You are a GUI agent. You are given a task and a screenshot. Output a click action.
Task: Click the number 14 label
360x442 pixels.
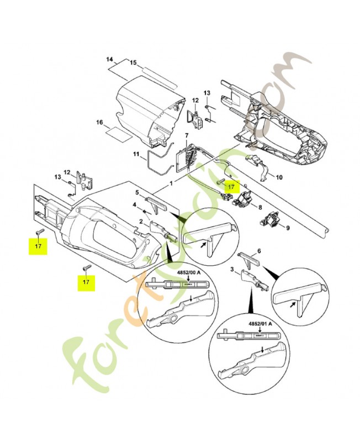(x=109, y=59)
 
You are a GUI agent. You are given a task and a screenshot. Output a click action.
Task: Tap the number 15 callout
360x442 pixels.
(x=133, y=63)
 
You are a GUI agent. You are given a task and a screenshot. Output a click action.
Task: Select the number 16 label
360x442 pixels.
(x=100, y=122)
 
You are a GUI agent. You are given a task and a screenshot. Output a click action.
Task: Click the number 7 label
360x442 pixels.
(x=187, y=136)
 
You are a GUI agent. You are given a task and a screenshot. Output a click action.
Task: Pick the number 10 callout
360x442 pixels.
(x=279, y=177)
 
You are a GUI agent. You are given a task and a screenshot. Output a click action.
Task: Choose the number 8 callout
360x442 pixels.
(x=260, y=208)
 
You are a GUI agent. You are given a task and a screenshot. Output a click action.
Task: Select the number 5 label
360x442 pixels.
(x=137, y=192)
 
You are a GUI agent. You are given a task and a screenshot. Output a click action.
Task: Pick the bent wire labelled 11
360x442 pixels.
(x=157, y=164)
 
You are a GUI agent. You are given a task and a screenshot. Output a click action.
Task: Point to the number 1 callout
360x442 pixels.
(x=172, y=182)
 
